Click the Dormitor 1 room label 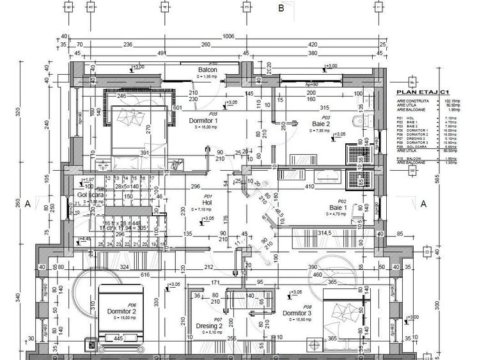tap(203, 120)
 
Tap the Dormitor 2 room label tap(122, 311)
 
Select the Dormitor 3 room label tap(297, 313)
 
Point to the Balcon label tap(207, 70)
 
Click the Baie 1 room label tap(338, 208)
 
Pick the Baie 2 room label tap(321, 123)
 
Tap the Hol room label tap(207, 203)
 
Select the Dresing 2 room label tap(209, 325)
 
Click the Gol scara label tap(88, 195)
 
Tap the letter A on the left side tap(27, 204)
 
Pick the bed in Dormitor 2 tap(121, 317)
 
